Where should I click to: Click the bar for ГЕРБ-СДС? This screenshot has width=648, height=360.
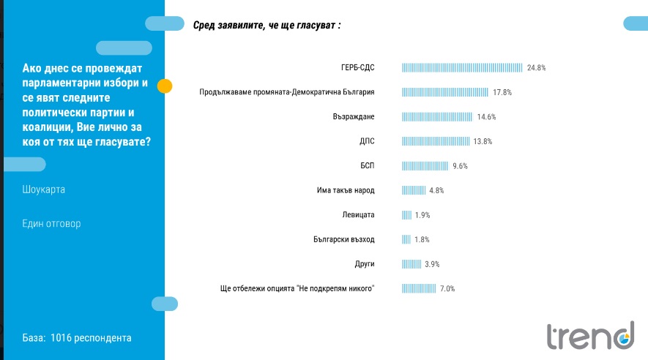(x=462, y=68)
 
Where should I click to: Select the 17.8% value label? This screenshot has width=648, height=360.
(x=502, y=92)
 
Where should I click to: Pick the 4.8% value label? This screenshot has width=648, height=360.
(x=436, y=190)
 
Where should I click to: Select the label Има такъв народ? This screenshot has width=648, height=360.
(x=340, y=190)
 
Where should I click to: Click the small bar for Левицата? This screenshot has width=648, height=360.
(x=406, y=215)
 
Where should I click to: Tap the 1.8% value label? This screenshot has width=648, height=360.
(x=421, y=239)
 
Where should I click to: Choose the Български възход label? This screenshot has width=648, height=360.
(x=343, y=239)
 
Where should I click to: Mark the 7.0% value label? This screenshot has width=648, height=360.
(x=447, y=288)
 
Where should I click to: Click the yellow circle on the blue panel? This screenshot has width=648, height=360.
(x=165, y=86)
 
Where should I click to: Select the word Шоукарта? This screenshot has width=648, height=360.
(x=44, y=190)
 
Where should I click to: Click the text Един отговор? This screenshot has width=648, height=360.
(x=52, y=223)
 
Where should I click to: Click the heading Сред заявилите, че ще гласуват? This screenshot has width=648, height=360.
(x=267, y=26)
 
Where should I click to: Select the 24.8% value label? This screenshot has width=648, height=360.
(x=536, y=68)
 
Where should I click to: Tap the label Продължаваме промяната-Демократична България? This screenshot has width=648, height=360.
(x=288, y=92)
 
